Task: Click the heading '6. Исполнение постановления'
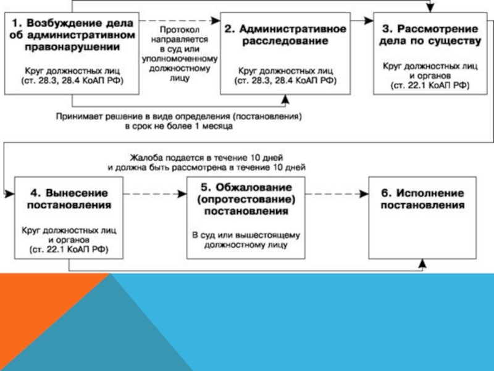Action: [422, 198]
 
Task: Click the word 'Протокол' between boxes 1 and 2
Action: [178, 29]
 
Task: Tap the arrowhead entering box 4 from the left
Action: [9, 194]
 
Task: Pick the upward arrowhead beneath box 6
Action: [422, 264]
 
